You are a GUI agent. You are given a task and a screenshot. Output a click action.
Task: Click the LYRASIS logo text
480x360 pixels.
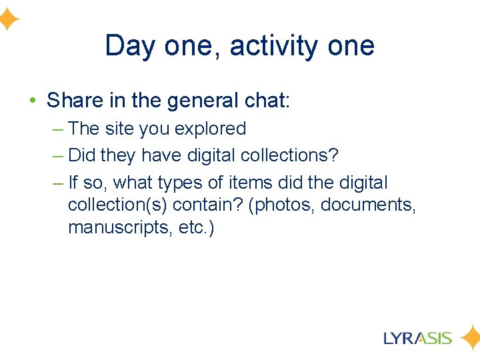[419, 338]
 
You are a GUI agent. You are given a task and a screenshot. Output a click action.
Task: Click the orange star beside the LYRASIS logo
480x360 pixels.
[469, 338]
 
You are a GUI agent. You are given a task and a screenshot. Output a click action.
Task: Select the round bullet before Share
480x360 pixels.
[33, 101]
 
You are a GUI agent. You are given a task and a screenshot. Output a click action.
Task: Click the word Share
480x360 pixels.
[75, 101]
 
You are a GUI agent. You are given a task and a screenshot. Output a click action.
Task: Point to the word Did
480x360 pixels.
[83, 155]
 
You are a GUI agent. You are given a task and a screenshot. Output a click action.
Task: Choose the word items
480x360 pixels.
[252, 183]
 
